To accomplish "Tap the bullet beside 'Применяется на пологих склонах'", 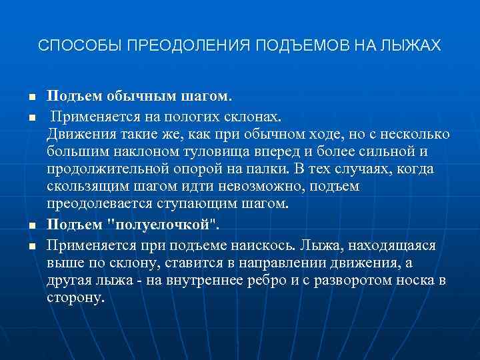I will coord(31,117).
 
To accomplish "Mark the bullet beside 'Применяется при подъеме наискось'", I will coord(31,246).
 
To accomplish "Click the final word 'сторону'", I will coord(75,298).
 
